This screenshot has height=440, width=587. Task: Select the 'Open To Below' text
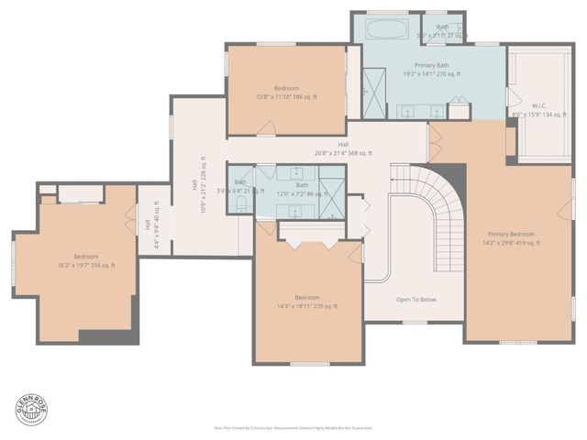coord(415,299)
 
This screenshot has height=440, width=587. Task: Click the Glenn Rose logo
coord(28,409)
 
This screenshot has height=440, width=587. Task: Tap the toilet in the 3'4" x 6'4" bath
coord(239,207)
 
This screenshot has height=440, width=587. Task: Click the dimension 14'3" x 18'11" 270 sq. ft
coord(307,306)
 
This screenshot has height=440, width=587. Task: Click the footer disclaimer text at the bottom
coord(293,427)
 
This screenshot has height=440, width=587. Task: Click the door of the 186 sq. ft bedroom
coord(265,132)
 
